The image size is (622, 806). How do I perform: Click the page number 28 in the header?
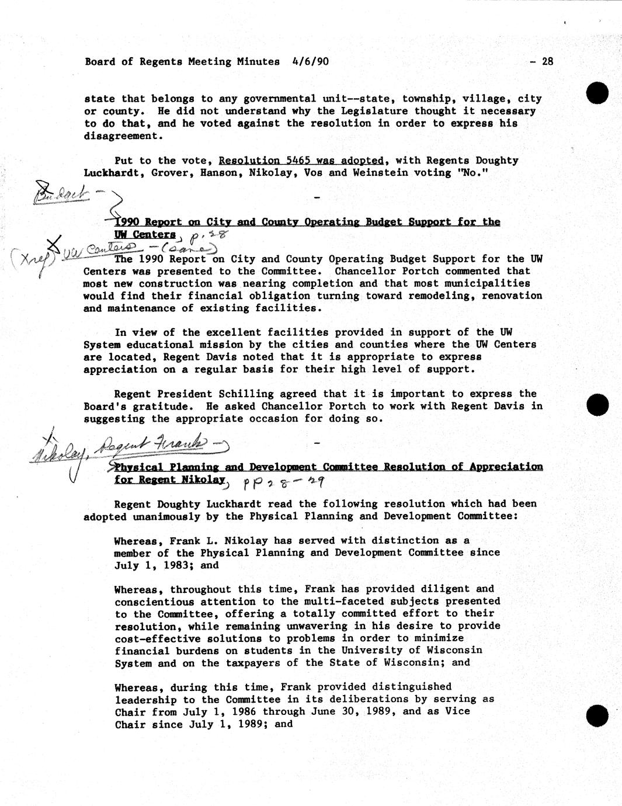[x=547, y=61]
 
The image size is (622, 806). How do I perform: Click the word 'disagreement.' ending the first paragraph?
[x=121, y=136]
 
